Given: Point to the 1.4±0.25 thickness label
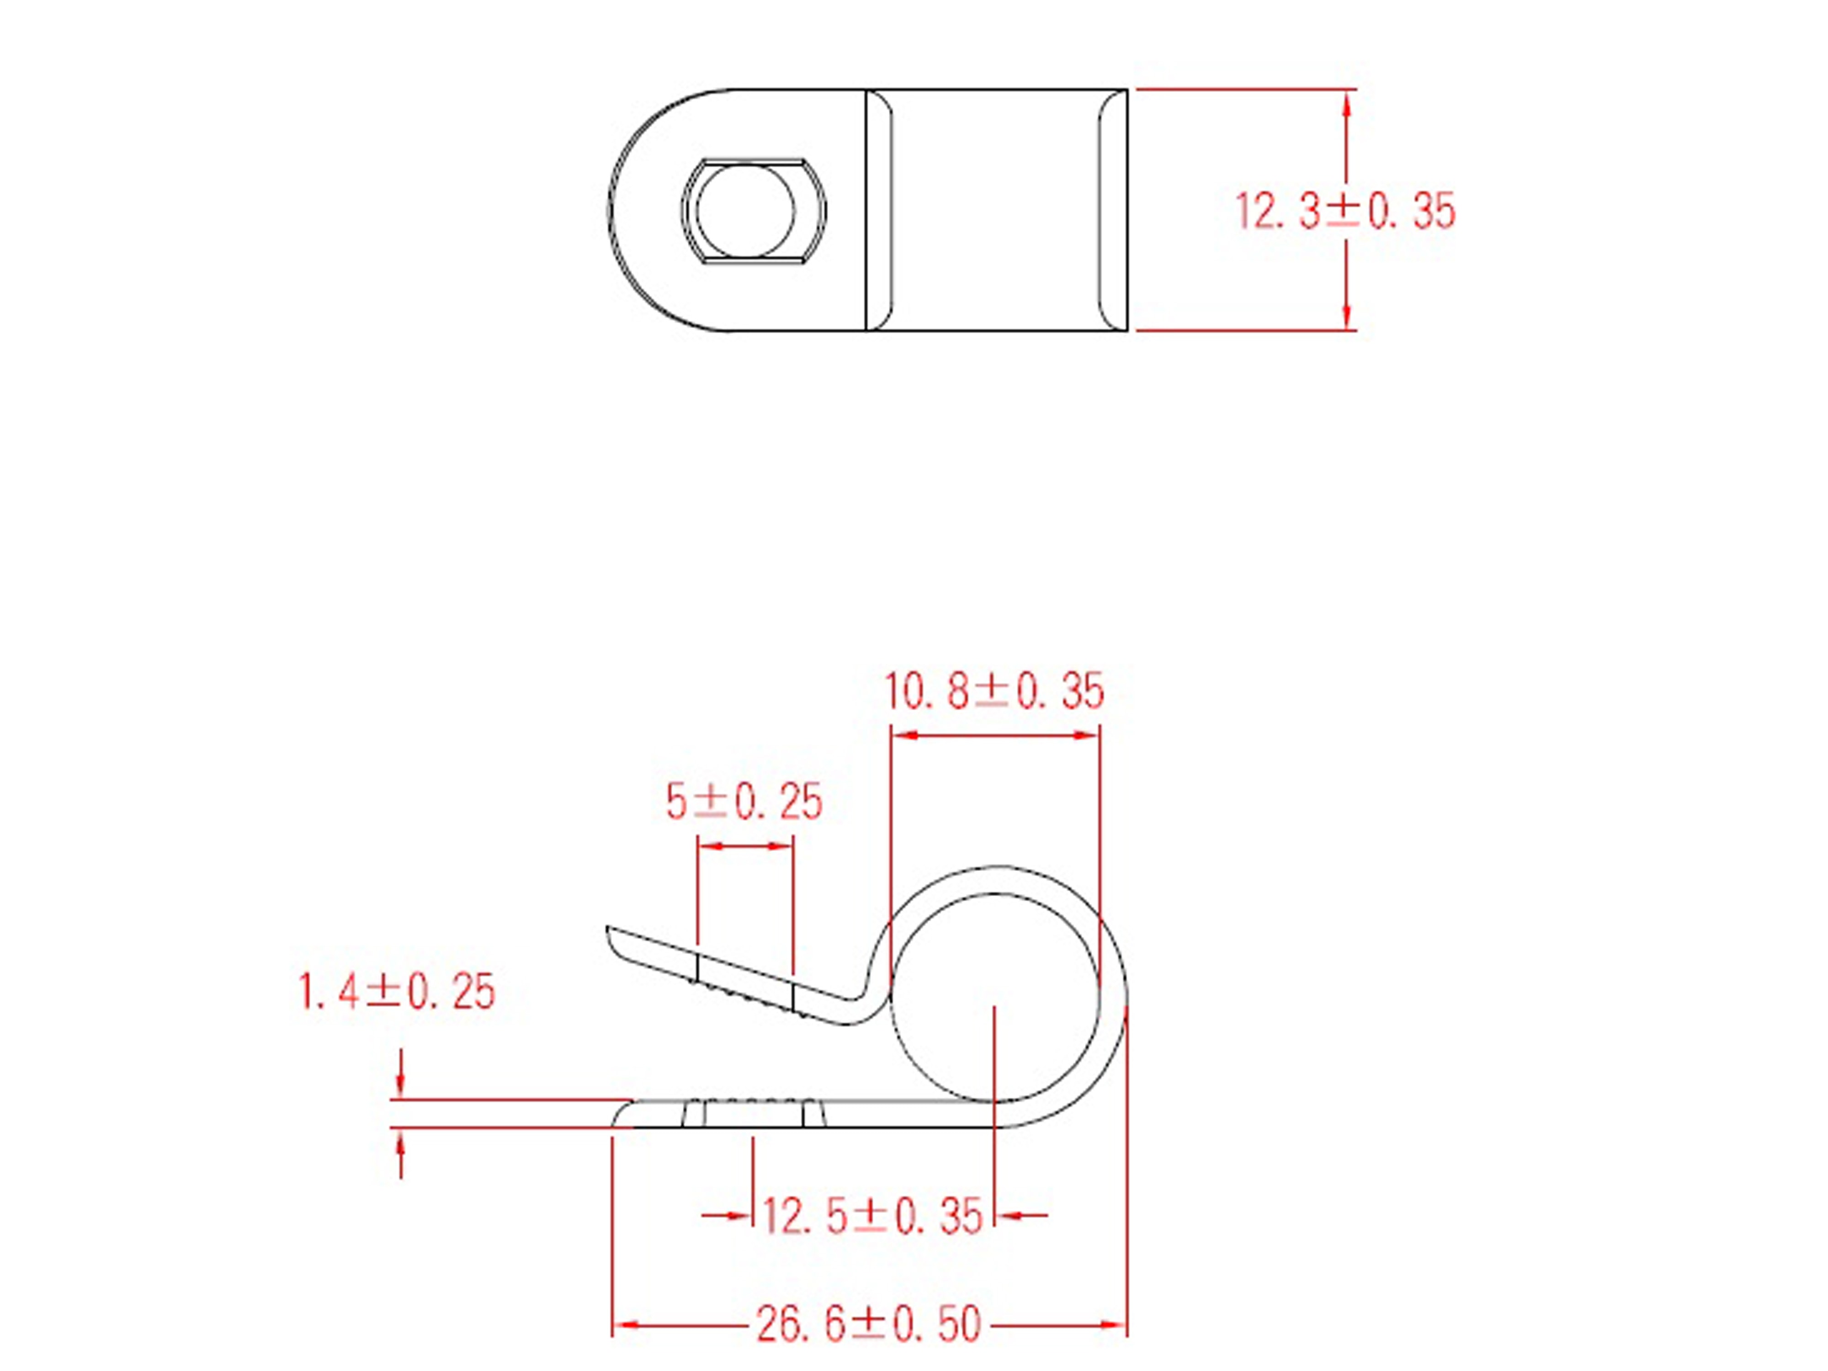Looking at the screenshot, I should (x=397, y=992).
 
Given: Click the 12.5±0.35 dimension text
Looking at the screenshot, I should (x=872, y=1217).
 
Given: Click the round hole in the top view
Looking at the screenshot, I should (x=745, y=211).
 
